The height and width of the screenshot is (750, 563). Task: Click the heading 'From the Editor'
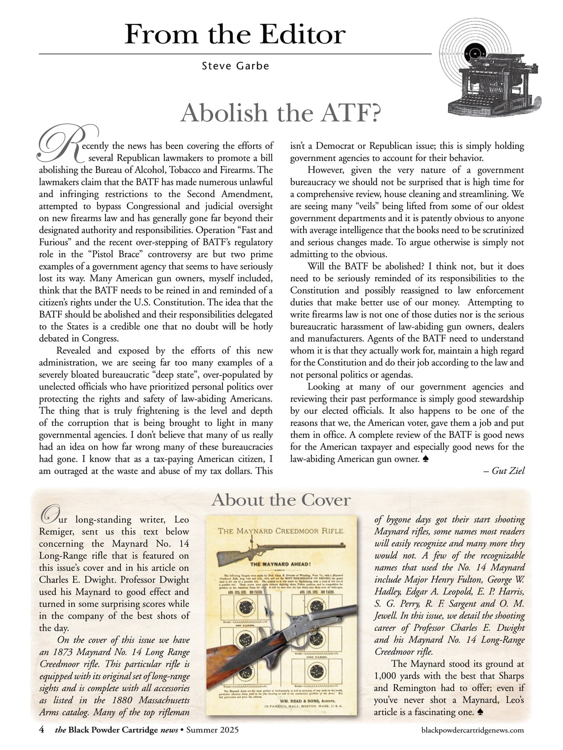coord(235,35)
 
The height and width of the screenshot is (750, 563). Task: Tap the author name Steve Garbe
coord(235,66)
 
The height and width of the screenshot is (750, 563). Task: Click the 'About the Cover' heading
coord(281,500)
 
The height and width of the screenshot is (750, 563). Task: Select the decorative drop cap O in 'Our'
coord(49,515)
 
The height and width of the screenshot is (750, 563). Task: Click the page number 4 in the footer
coord(42,730)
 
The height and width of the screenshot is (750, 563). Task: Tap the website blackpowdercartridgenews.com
coord(473,730)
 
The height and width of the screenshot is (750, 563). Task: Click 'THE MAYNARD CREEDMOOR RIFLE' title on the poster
coord(281,531)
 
